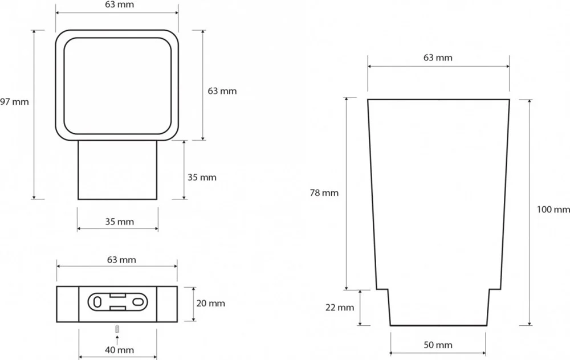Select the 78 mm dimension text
click(324, 193)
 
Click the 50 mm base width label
click(438, 345)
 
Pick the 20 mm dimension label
click(210, 304)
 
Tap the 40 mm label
click(119, 349)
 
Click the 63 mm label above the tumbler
click(438, 58)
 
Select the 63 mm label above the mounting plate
click(122, 260)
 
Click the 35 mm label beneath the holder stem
click(119, 222)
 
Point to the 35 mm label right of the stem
click(202, 177)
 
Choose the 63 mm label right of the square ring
click(222, 91)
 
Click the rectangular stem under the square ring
click(117, 170)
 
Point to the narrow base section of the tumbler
click(438, 308)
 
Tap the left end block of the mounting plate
click(67, 304)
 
